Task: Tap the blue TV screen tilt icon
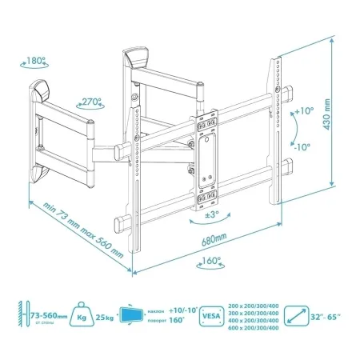coord(134,318)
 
